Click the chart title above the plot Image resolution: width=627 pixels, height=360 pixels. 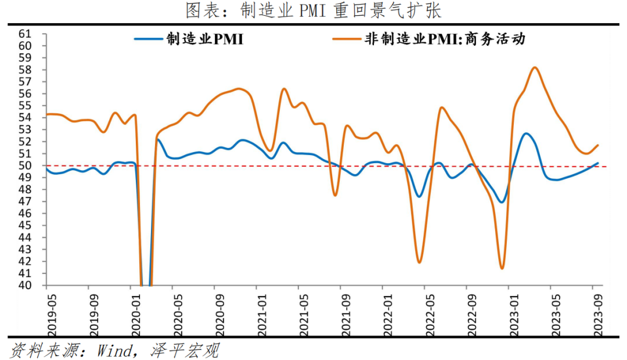[313, 11]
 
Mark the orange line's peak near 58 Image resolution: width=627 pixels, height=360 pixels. [535, 67]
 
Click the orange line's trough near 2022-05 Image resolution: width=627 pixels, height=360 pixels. [419, 262]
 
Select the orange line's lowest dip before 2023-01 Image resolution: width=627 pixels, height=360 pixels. [502, 268]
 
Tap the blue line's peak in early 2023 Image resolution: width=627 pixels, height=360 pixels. [526, 134]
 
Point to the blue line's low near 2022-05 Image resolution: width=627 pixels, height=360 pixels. [419, 196]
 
